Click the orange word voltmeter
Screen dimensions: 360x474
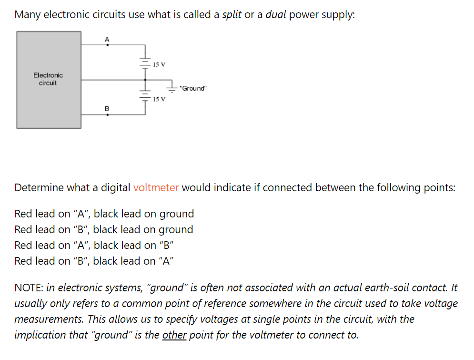[x=156, y=187]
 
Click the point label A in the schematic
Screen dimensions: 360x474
[x=107, y=39]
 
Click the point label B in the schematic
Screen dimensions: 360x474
[x=107, y=109]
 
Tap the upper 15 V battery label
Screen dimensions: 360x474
[x=159, y=64]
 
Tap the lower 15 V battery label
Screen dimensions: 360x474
[x=159, y=99]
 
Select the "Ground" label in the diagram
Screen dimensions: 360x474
[x=193, y=88]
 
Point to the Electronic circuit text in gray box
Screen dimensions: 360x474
[x=48, y=79]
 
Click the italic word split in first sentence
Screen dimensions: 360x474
[x=232, y=14]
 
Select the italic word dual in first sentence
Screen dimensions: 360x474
[x=275, y=14]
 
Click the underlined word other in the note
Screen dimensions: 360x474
[x=174, y=335]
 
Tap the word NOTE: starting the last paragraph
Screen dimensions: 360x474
[x=29, y=288]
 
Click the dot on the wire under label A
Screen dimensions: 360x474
[x=107, y=45]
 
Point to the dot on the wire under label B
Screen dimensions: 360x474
[x=107, y=115]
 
